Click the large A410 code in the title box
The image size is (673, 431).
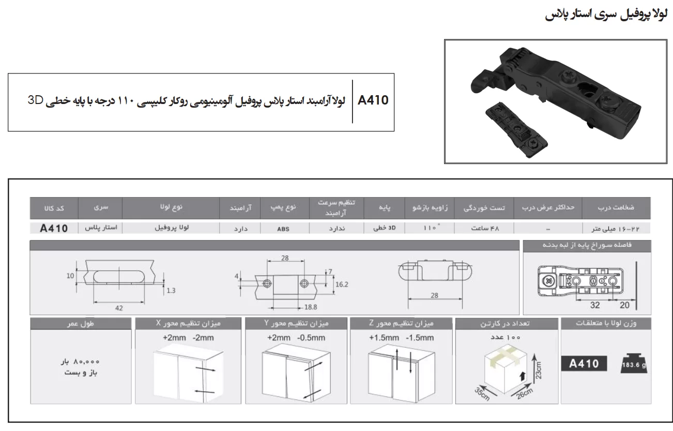(x=373, y=100)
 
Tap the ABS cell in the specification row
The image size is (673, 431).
(x=283, y=229)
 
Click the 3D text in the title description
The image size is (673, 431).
(x=36, y=100)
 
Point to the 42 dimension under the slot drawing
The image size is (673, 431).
(x=119, y=308)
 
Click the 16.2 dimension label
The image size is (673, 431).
(x=342, y=284)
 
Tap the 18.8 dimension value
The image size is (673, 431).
(x=311, y=307)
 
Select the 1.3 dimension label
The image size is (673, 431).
(x=171, y=291)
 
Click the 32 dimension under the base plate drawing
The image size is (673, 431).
(x=595, y=305)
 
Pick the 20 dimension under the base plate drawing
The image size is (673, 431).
(x=624, y=305)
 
